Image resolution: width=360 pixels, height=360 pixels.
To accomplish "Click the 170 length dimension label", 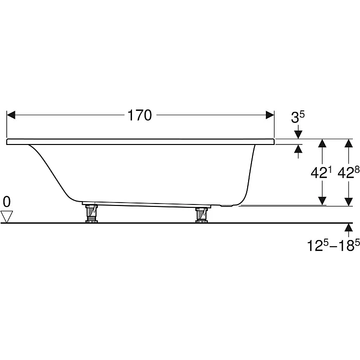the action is coord(140,115).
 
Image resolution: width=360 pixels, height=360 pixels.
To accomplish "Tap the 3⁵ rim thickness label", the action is coord(298,117).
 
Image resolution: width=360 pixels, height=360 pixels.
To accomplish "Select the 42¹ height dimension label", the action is coord(322,173).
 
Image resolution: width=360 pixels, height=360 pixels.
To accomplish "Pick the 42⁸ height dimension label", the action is coord(348,173).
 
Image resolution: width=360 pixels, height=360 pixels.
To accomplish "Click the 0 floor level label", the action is coord(7,202).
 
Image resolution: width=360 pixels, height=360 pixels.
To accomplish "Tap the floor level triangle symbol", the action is coord(7,217).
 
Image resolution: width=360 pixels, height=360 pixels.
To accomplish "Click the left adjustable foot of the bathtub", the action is coord(91,213).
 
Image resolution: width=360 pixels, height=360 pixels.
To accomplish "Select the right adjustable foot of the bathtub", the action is coord(201,215).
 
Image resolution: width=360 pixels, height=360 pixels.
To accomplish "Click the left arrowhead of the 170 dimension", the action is coord(11,115).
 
